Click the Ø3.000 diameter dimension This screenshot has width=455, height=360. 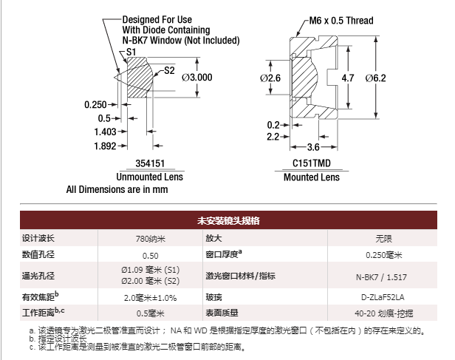(197, 78)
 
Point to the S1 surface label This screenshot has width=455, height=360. (131, 52)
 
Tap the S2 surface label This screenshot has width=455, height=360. (169, 70)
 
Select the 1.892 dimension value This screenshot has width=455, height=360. (105, 146)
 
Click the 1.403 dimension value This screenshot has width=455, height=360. (105, 132)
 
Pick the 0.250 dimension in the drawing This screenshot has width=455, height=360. (95, 104)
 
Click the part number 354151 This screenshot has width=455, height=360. (150, 163)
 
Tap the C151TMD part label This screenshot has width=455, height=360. (312, 163)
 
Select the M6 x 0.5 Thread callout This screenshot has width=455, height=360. (341, 21)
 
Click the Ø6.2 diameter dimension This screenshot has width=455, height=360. (375, 78)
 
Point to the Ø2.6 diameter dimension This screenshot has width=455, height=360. (270, 78)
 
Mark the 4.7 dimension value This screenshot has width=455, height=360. (348, 78)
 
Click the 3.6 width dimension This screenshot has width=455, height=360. (313, 147)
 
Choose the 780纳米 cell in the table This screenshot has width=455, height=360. (151, 239)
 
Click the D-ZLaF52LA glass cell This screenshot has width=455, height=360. (383, 297)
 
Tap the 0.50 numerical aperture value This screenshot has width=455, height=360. (151, 256)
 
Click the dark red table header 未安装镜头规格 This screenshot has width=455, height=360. (228, 220)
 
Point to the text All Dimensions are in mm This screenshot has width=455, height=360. (117, 189)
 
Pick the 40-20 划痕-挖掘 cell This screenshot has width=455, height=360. (383, 313)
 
